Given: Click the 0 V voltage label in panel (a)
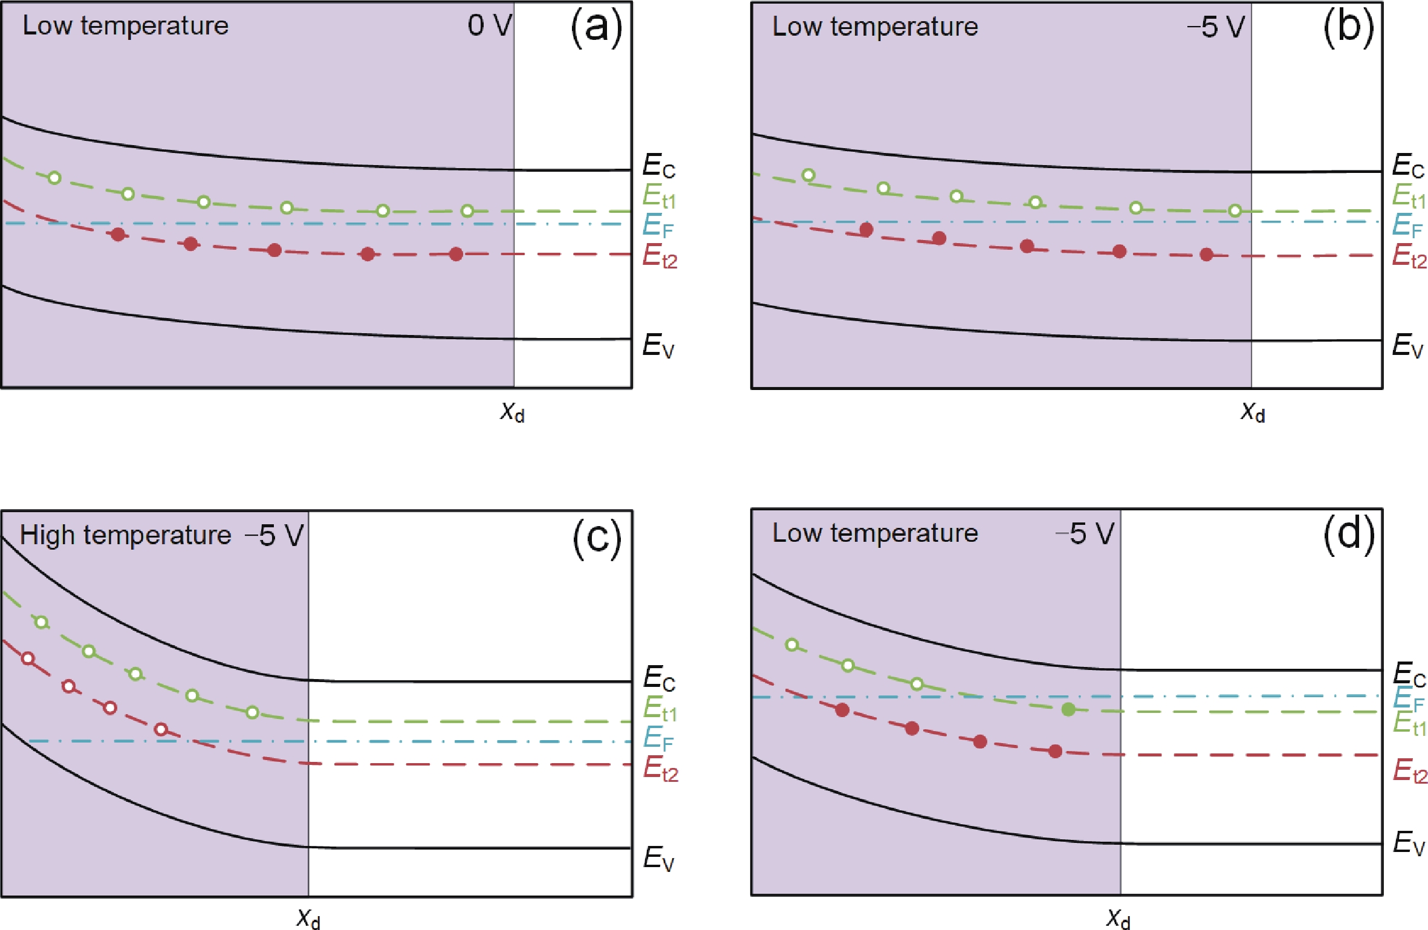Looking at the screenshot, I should pos(489,25).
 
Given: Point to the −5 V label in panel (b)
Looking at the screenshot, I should pos(1215,27).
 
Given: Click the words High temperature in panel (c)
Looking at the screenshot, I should pos(125,535).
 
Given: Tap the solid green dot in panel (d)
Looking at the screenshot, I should pos(1068,709).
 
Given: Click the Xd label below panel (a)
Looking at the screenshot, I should pos(512,412).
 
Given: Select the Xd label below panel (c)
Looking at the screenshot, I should pos(308,919).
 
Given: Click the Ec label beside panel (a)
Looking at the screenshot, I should pos(658,166).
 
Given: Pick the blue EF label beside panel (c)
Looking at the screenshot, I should pos(658,738).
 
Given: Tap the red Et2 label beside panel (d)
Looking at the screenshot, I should pos(1410,771).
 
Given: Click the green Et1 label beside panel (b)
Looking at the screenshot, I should pos(1409,196).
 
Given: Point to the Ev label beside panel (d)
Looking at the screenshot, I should pos(1409,843).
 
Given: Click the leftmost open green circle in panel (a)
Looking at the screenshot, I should pos(54,178).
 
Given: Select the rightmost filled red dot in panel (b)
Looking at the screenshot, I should pos(1206,255).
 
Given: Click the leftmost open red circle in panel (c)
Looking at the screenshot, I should pos(28,658).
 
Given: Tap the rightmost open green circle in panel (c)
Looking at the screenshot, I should pos(252,712).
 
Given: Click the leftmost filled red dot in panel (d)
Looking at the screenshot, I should pos(842,710).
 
